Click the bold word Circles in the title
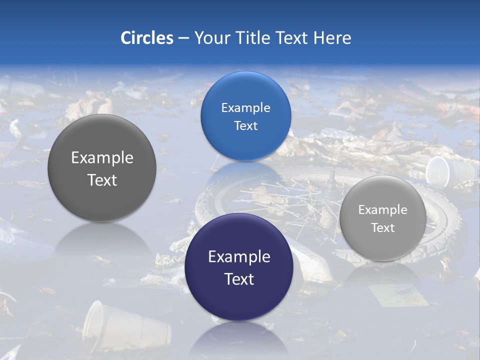point(147,38)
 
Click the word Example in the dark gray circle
point(102,158)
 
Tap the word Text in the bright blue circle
point(245,126)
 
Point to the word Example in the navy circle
point(239,257)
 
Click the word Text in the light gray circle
point(382,228)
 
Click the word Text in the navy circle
point(239,279)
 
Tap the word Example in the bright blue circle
point(245,108)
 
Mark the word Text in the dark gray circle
point(102,180)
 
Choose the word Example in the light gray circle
point(382,210)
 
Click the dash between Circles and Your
point(184,38)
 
